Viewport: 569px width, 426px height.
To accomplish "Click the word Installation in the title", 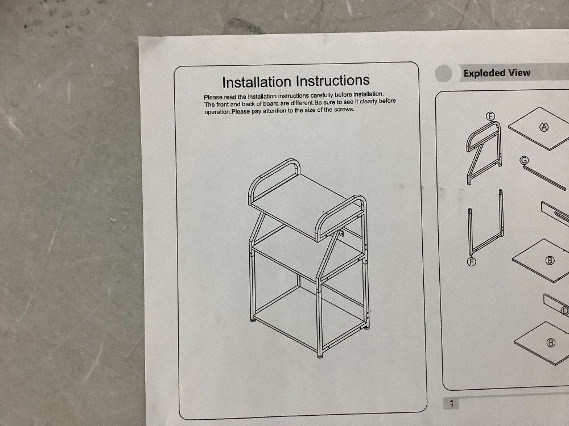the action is pos(257,82).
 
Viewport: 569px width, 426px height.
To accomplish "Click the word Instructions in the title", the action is pos(333,81).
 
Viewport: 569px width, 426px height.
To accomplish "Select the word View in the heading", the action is pos(519,73).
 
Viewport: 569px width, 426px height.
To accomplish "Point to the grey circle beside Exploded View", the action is pos(443,73).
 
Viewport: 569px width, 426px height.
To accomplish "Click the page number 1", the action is pos(451,403).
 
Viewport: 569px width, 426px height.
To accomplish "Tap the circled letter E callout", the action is pos(490,116).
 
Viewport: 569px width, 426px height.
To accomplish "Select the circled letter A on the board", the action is pos(544,127).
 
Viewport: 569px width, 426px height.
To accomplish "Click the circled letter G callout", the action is pos(524,160).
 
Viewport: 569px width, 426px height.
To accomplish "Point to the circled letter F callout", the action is pos(471,261).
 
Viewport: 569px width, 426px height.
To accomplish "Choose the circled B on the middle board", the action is pos(550,261).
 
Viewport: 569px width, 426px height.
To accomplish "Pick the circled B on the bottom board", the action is pos(551,343).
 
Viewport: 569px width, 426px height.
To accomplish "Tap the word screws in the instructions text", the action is pos(344,110).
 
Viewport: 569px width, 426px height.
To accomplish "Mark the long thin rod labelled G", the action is pos(545,177).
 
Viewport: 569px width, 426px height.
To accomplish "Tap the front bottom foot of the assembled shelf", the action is pos(320,356).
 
